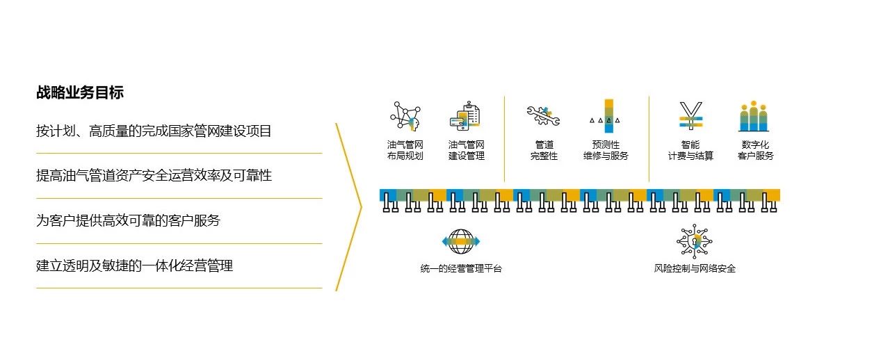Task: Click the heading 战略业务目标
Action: [x=80, y=92]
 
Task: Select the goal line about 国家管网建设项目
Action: [x=154, y=131]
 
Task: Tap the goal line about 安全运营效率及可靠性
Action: [x=154, y=176]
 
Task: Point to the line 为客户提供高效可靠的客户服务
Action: [x=128, y=221]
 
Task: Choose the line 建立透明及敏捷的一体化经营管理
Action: [x=134, y=265]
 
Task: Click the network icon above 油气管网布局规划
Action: [x=405, y=116]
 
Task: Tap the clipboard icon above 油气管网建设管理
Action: [x=466, y=116]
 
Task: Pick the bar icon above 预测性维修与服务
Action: [x=606, y=116]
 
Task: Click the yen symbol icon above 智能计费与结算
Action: [x=690, y=116]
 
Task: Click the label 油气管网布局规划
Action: [x=405, y=150]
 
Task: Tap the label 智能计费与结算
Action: [x=690, y=150]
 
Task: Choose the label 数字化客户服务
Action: [x=755, y=150]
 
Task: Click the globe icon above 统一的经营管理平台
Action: [x=461, y=242]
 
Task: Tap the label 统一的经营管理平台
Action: [x=461, y=269]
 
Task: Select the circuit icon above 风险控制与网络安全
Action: [x=695, y=241]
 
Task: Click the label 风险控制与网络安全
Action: [x=695, y=269]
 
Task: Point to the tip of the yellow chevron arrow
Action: [x=362, y=206]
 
